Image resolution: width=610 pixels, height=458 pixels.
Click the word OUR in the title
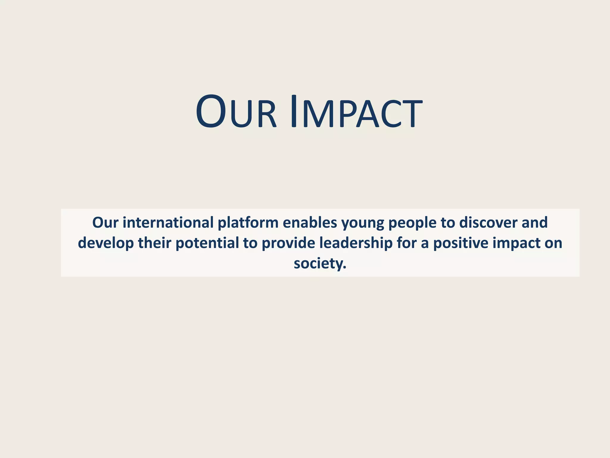236,112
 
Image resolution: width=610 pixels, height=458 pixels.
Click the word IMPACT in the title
356,112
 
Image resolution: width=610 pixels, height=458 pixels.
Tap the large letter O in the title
211,112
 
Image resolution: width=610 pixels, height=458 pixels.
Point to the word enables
310,222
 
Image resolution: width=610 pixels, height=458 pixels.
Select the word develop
106,243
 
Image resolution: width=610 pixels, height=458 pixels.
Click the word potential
207,243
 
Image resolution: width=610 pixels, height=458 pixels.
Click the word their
154,243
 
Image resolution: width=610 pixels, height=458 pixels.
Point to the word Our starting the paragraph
105,222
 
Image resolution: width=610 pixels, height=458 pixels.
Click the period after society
345,267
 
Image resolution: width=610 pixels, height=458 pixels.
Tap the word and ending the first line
535,222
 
